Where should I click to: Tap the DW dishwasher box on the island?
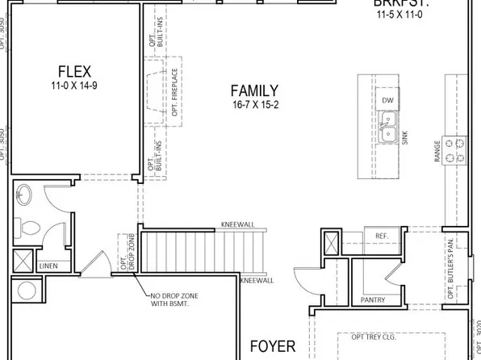[388, 99]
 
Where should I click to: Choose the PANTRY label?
[373, 299]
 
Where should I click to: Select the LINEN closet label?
[48, 266]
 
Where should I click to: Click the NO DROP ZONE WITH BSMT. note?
[175, 300]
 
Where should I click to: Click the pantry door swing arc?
[303, 279]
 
